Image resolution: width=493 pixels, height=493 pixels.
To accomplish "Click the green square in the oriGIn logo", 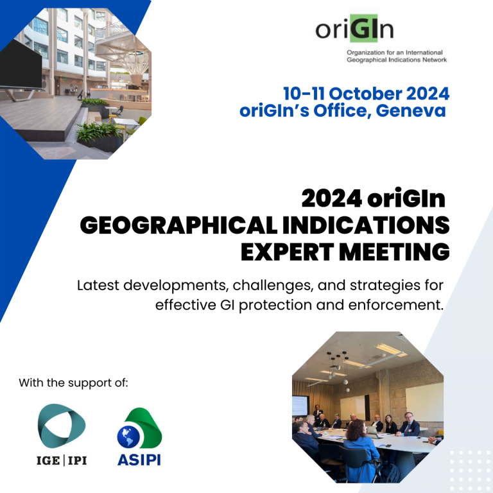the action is [x=364, y=28].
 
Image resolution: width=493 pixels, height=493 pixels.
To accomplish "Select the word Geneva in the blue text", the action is [x=411, y=110].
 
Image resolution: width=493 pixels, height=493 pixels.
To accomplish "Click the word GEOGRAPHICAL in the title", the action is [x=178, y=225].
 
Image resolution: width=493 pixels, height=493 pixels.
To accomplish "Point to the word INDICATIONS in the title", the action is [x=366, y=225].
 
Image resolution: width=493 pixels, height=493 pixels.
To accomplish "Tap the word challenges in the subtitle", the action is [x=273, y=286].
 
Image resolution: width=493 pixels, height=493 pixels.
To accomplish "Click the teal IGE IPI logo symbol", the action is [x=62, y=426].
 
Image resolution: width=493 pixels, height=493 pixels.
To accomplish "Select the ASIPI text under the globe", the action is [x=139, y=460].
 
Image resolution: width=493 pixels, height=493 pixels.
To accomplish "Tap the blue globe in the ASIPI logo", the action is [x=128, y=437].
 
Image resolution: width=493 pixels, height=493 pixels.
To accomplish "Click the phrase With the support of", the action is [x=74, y=383].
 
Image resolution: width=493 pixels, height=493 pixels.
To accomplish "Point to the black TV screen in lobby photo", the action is [x=21, y=64].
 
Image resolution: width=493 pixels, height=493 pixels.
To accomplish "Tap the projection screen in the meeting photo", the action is [x=300, y=405].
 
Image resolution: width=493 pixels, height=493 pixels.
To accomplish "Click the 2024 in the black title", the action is [x=332, y=199].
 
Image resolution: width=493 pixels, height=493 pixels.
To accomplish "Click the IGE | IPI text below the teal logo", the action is [x=62, y=461].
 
